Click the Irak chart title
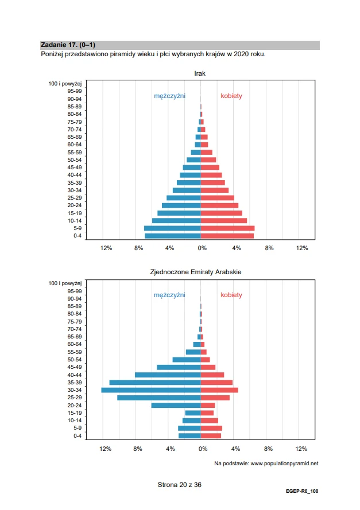pyautogui.click(x=200, y=73)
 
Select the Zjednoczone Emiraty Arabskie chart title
pyautogui.click(x=196, y=272)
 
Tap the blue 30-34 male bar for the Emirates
pyautogui.click(x=150, y=390)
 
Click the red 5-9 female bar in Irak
pyautogui.click(x=227, y=228)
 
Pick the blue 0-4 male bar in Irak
pyautogui.click(x=172, y=236)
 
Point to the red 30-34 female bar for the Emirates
pyautogui.click(x=219, y=390)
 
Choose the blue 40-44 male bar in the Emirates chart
pyautogui.click(x=168, y=375)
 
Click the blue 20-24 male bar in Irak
pyautogui.click(x=181, y=205)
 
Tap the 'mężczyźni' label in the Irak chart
pyautogui.click(x=169, y=96)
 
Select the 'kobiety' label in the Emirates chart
pyautogui.click(x=231, y=295)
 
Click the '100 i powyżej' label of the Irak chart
pyautogui.click(x=65, y=84)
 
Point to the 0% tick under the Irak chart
pyautogui.click(x=202, y=248)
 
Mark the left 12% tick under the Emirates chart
pyautogui.click(x=106, y=449)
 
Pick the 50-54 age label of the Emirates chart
pyautogui.click(x=75, y=360)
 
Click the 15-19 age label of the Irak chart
pyautogui.click(x=75, y=213)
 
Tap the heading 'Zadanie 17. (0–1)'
pyautogui.click(x=68, y=45)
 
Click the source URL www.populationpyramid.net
pyautogui.click(x=284, y=464)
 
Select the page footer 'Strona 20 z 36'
pyautogui.click(x=179, y=485)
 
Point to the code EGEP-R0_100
pyautogui.click(x=302, y=491)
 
